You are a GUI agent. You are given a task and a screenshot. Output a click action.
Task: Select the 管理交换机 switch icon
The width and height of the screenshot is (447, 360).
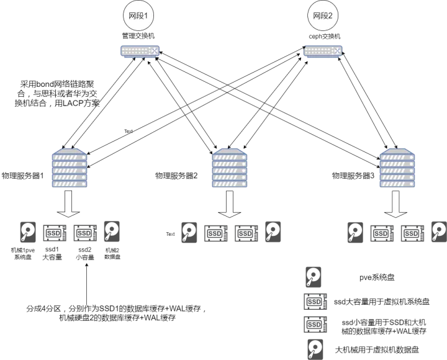(x=140, y=52)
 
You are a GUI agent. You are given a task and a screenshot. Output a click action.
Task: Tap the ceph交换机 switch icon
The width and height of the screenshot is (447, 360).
(x=323, y=52)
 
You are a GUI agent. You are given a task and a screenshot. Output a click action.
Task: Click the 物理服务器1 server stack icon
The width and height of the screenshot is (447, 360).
(x=70, y=168)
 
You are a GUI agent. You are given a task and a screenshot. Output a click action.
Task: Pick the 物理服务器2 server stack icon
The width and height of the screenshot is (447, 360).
(x=230, y=168)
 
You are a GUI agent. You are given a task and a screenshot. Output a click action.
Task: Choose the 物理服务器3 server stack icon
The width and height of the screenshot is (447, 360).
(x=397, y=168)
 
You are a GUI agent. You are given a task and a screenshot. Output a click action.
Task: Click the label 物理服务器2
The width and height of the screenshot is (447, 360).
(x=176, y=176)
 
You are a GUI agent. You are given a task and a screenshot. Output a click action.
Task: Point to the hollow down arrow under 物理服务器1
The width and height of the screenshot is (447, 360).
(x=68, y=204)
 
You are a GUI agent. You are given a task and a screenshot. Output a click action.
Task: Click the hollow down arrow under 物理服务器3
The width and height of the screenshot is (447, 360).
(x=395, y=204)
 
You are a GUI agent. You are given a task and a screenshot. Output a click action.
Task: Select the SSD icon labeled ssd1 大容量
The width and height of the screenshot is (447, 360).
(x=55, y=233)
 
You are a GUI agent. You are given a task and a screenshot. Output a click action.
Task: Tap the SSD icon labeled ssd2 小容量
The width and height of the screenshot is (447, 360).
(x=85, y=233)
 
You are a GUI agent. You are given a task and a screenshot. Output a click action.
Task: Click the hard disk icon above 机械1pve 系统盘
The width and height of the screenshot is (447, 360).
(x=28, y=232)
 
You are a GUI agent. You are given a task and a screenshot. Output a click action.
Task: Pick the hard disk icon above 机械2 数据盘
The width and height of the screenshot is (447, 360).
(x=112, y=232)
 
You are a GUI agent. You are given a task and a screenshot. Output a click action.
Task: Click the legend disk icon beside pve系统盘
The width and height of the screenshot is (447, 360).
(x=314, y=277)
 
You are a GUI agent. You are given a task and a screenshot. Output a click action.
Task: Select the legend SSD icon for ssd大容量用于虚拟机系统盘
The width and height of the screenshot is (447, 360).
(x=315, y=301)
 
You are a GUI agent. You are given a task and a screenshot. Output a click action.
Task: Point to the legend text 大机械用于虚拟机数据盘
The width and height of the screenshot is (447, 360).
(x=377, y=349)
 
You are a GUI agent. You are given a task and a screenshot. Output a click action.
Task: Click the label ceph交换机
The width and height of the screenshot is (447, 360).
(x=325, y=37)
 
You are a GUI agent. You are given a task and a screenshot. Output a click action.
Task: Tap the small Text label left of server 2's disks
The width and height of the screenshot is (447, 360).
(x=170, y=234)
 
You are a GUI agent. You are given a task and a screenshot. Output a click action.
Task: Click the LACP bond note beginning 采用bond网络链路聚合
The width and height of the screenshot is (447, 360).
(x=57, y=94)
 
